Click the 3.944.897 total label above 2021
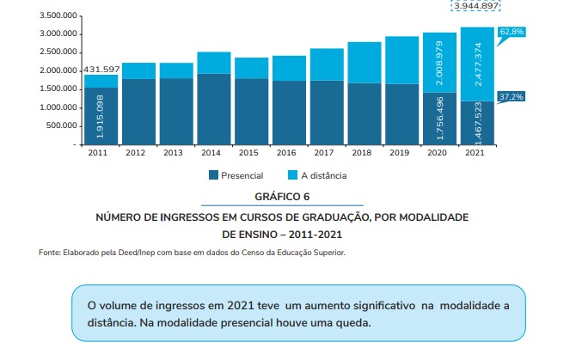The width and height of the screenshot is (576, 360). click(x=475, y=6)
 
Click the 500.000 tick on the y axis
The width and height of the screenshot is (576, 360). click(x=61, y=126)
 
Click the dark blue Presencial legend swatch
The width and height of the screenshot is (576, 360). click(x=214, y=175)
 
